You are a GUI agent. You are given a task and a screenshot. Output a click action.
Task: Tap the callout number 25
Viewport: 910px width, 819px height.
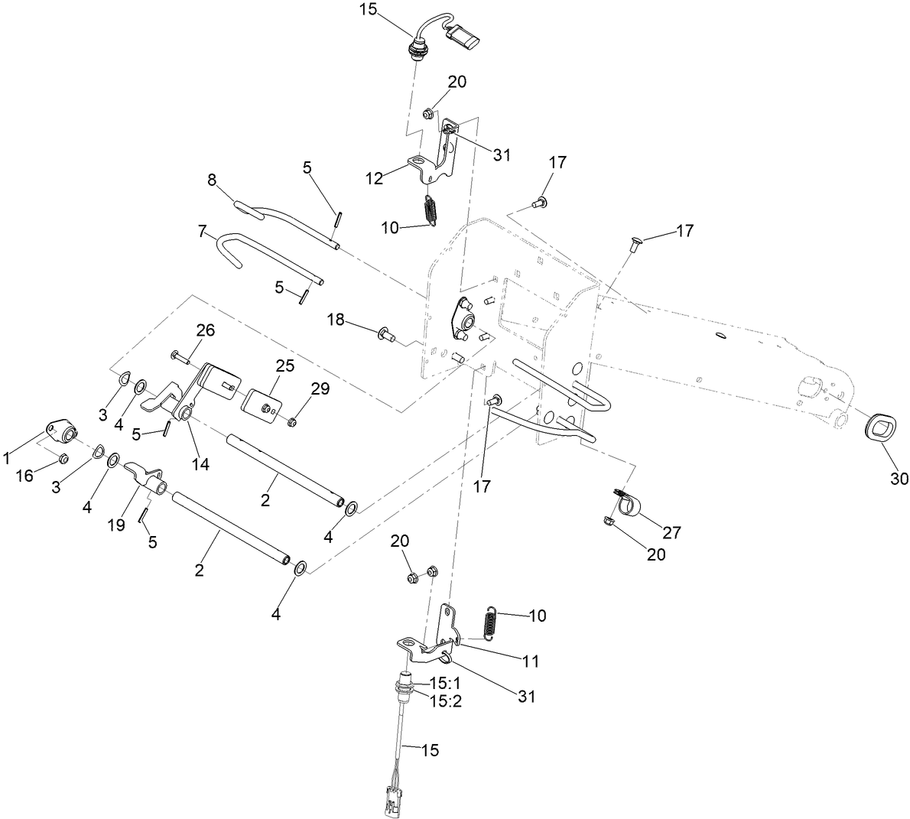[x=285, y=366]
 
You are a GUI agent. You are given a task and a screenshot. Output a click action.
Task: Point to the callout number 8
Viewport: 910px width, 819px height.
[x=212, y=180]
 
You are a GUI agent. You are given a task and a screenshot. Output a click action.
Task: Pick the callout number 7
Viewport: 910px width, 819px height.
[x=203, y=230]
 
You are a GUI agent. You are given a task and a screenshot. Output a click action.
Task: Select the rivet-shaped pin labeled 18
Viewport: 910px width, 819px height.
[x=385, y=333]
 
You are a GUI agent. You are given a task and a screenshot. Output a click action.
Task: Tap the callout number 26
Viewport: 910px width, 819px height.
[x=184, y=330]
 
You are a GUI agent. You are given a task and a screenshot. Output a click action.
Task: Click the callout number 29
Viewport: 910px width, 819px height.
[x=320, y=389]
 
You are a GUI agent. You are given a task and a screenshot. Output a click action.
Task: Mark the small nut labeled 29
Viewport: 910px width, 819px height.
[x=294, y=422]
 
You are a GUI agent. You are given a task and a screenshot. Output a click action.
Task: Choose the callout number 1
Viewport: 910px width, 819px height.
[x=7, y=459]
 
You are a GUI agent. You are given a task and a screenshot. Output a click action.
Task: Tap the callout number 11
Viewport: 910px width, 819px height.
[x=531, y=660]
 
